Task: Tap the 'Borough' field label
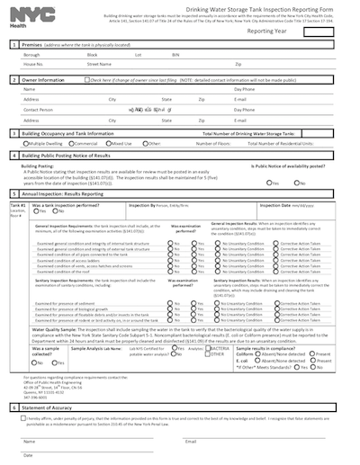[31, 55]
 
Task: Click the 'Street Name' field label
[100, 64]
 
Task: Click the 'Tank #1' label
[17, 205]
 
